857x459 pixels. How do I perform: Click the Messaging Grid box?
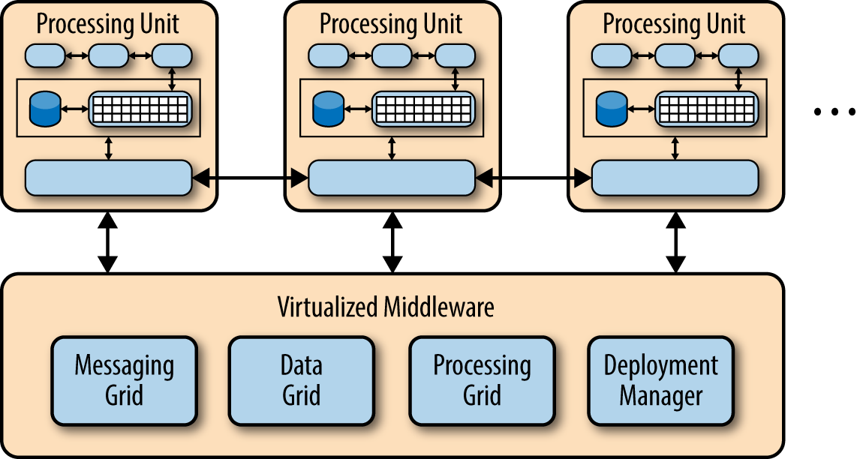(x=124, y=380)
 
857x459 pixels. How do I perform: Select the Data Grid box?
(x=301, y=380)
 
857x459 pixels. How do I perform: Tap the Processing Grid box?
(x=482, y=380)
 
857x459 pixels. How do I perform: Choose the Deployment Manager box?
(x=660, y=380)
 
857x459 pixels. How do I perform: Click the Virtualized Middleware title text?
(x=386, y=307)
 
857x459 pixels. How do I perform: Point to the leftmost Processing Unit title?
(x=108, y=24)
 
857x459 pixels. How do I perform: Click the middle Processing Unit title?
(x=391, y=24)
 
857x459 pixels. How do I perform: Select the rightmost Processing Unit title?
(x=674, y=24)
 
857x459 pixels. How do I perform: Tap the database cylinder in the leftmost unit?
(x=44, y=109)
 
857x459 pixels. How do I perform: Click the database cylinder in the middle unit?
(x=327, y=109)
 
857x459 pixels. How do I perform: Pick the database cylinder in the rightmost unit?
(x=610, y=109)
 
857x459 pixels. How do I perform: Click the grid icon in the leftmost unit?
(x=140, y=109)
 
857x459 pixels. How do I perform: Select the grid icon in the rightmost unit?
(x=707, y=109)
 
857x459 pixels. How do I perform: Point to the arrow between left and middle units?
(x=251, y=178)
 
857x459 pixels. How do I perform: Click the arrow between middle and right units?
(x=534, y=178)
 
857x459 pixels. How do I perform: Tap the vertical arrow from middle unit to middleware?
(x=392, y=241)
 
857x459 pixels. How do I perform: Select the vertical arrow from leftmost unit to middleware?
(x=108, y=241)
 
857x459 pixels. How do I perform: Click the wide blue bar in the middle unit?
(x=391, y=178)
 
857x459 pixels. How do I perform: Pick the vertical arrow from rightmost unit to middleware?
(x=675, y=241)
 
